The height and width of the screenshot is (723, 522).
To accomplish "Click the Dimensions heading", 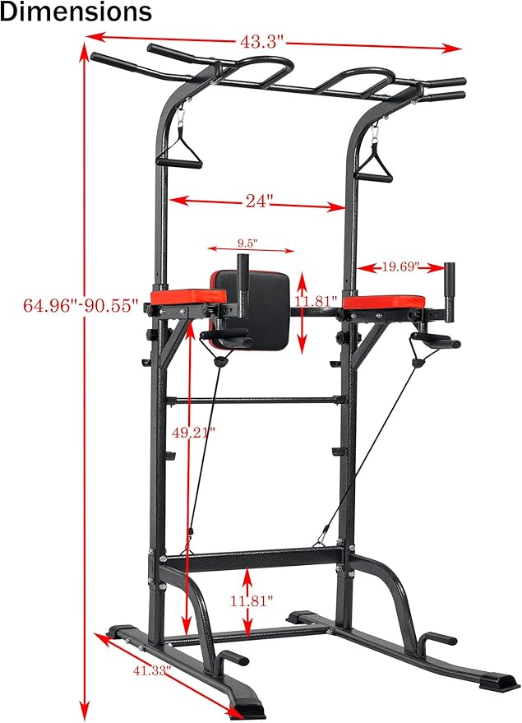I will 76,13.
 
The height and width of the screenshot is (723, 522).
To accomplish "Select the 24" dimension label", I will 257,200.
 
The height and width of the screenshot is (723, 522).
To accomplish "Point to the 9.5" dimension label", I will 247,243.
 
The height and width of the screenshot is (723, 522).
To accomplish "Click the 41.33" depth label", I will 151,670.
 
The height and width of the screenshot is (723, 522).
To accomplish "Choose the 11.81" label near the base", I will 250,601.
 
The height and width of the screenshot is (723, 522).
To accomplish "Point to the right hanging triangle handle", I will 376,168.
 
